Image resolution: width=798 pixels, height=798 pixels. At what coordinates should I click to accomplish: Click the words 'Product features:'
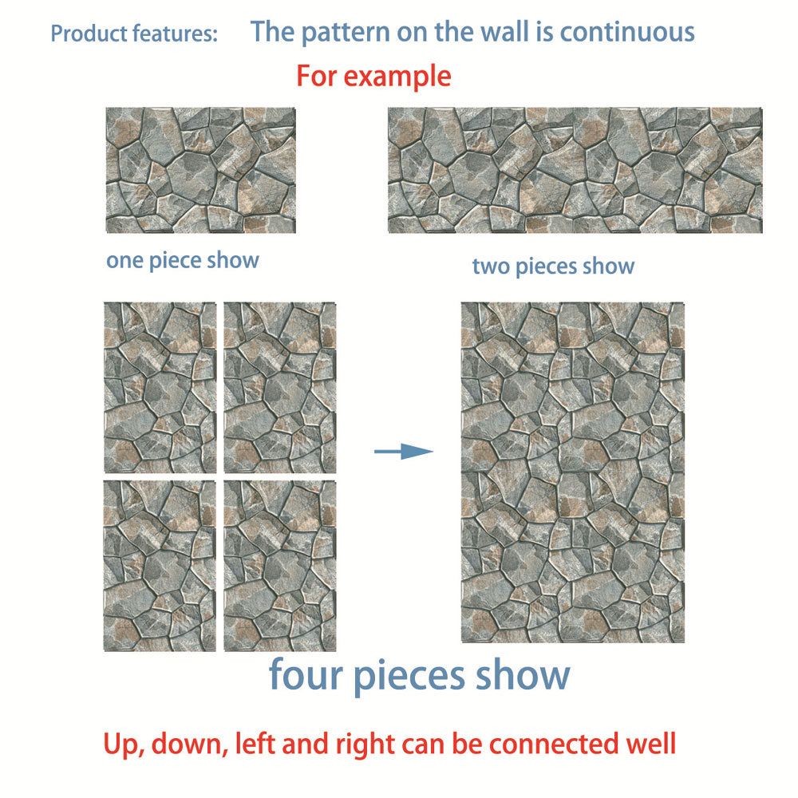click(x=133, y=34)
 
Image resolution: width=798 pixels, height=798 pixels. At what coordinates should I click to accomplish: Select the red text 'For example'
click(x=373, y=76)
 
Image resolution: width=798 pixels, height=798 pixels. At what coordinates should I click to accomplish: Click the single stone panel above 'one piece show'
click(x=200, y=170)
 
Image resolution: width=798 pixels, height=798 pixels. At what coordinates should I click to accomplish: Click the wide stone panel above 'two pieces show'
click(x=575, y=170)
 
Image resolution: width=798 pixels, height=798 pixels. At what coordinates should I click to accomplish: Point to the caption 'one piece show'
click(x=183, y=260)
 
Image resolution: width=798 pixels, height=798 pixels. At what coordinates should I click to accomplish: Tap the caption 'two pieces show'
click(x=553, y=266)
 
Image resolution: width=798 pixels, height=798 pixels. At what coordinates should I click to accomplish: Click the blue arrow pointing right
click(x=403, y=452)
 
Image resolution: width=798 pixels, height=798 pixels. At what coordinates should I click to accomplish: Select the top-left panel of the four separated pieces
click(x=160, y=387)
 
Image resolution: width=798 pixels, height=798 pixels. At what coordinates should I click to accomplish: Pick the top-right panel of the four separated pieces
click(x=280, y=387)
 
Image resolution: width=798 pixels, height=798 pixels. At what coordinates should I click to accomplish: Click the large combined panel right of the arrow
click(x=572, y=472)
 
